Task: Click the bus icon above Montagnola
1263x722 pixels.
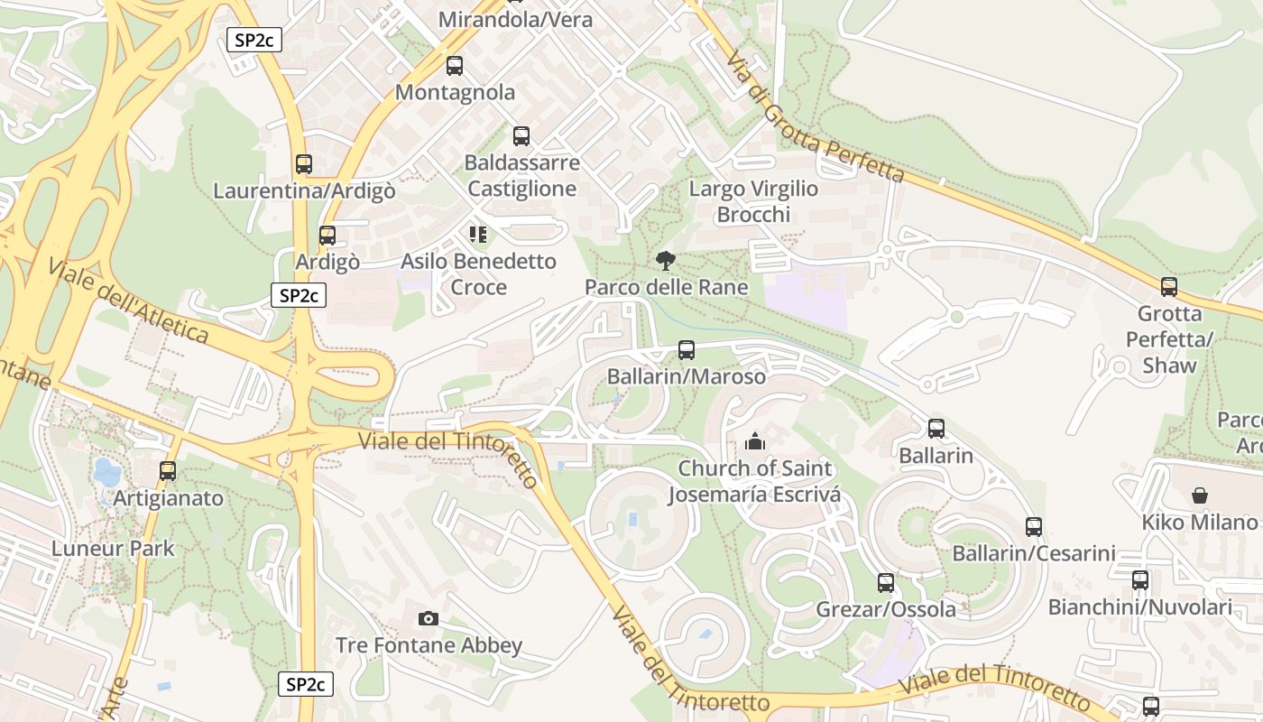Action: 455,66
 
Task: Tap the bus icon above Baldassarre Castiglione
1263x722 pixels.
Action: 521,136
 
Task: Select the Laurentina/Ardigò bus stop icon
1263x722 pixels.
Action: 304,164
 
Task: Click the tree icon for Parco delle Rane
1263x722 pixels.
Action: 666,261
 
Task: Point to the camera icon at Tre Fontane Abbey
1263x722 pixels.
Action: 429,618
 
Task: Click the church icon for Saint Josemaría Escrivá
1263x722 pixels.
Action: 754,441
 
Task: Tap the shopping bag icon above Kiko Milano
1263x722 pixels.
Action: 1200,495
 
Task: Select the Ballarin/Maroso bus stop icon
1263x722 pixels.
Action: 687,350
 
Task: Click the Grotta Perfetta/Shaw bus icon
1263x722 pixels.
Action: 1169,287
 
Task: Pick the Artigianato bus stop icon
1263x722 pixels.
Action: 168,471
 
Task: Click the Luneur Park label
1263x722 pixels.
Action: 113,548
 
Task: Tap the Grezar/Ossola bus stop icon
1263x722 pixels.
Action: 886,583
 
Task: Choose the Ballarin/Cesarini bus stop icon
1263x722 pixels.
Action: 1034,526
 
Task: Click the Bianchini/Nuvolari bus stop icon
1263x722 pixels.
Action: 1140,580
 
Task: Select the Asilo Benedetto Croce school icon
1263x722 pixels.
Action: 478,235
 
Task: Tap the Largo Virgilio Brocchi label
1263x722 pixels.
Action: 753,201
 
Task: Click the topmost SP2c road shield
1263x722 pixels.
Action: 254,40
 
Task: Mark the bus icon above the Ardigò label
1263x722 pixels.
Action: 327,236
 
